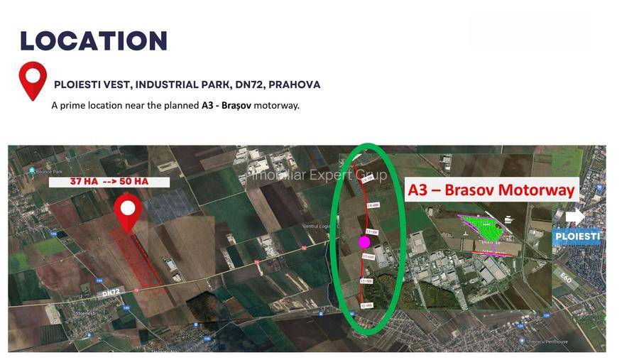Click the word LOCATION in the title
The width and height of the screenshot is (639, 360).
(94, 41)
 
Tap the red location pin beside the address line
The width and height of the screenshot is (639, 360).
(33, 80)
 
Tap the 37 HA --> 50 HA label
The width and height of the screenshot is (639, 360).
(109, 182)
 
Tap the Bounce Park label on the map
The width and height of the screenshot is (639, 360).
(49, 171)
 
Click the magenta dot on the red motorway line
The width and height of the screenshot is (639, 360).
(365, 242)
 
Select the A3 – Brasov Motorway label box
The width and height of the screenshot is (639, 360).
(491, 190)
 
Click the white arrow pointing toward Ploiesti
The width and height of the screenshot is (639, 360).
(577, 216)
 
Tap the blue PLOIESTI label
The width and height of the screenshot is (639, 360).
(577, 236)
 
